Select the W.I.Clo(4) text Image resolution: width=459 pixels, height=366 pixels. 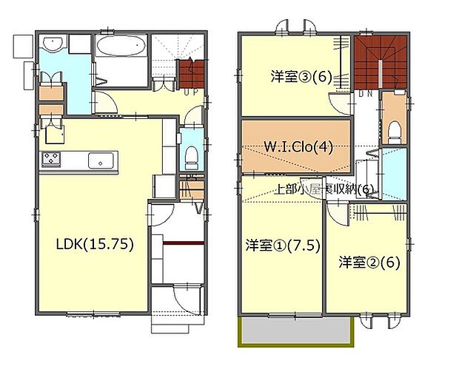(298, 146)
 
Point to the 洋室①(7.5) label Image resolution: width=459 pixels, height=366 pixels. (282, 245)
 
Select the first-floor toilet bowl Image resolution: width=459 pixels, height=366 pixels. (190, 155)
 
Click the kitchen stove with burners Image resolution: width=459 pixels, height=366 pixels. (52, 159)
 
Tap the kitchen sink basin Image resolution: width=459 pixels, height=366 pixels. (100, 160)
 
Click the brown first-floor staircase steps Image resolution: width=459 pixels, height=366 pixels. (190, 75)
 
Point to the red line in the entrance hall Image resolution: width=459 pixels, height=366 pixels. (183, 243)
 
